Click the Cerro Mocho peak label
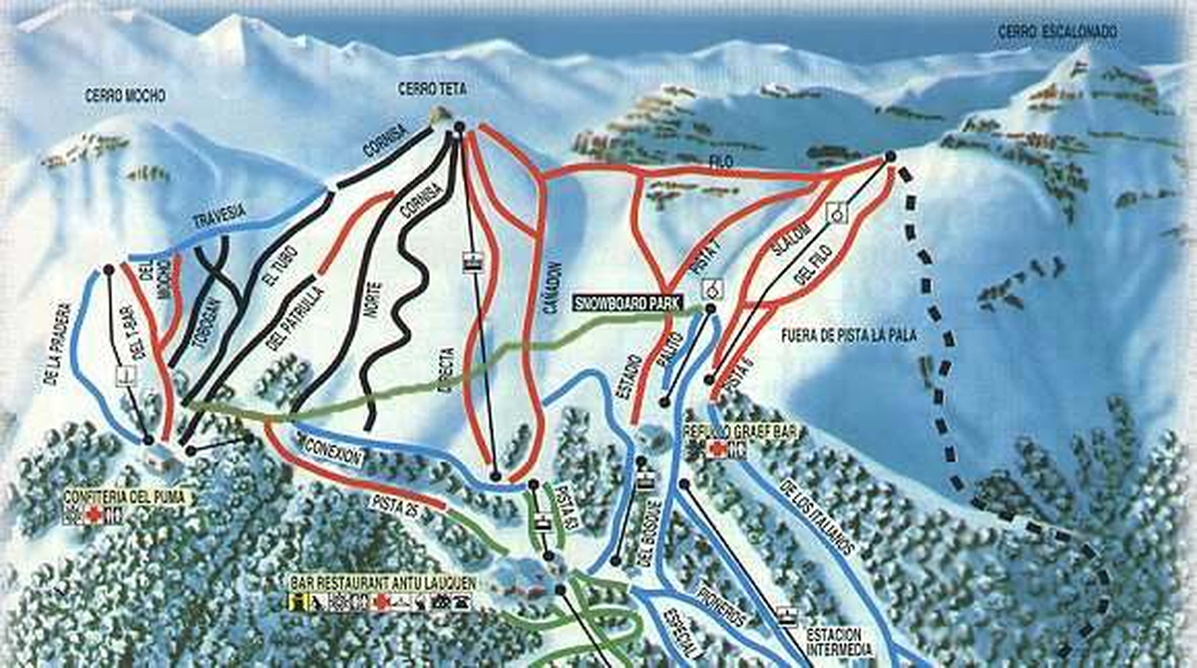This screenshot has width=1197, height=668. coord(126,97)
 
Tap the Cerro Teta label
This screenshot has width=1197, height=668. coord(432,90)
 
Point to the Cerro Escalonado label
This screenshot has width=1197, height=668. coord(1057,33)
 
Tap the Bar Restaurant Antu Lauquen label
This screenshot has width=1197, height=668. coord(382,581)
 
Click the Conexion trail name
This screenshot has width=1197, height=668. coord(332,446)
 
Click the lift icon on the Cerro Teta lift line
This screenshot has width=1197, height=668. coord(473,262)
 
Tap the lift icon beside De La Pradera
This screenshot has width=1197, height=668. coord(125,376)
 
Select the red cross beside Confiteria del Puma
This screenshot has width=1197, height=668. coord(93,514)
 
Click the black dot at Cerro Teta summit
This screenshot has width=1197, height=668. coord(458,127)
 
